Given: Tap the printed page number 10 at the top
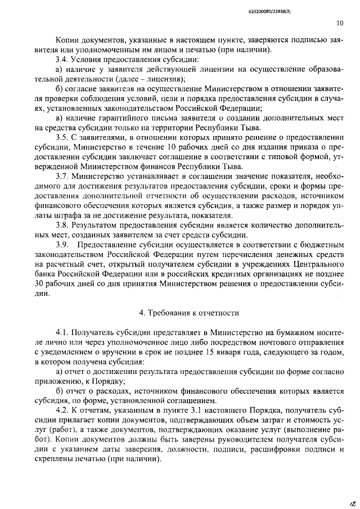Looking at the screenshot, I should pyautogui.click(x=339, y=24).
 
